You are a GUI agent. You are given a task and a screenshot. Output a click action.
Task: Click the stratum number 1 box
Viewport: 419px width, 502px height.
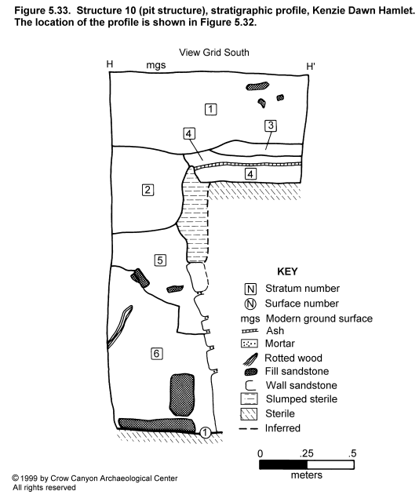210,109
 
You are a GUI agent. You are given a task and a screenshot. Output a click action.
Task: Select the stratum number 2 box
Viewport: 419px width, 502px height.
148,190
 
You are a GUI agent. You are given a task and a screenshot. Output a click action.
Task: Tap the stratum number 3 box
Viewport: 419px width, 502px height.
271,125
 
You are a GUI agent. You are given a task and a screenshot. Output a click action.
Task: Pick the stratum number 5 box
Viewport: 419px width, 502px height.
160,260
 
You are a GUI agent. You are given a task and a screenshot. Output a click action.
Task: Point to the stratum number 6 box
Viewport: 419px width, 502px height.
157,354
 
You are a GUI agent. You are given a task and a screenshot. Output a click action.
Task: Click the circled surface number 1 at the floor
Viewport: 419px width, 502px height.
205,432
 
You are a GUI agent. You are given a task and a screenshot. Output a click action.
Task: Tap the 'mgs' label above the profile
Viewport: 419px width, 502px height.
156,65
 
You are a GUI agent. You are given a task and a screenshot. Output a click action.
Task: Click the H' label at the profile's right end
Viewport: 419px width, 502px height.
311,66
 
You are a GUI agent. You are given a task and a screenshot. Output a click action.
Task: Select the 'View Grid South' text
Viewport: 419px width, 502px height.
214,53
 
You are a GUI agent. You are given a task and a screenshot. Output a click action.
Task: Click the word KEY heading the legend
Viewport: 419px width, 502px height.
287,271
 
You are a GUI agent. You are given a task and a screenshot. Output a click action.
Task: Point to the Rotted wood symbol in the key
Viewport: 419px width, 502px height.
250,358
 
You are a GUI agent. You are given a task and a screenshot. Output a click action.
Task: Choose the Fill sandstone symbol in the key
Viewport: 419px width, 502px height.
250,372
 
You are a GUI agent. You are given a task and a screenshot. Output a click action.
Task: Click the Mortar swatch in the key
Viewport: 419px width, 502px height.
249,344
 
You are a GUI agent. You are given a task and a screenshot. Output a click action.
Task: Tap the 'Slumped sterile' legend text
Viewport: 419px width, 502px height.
301,399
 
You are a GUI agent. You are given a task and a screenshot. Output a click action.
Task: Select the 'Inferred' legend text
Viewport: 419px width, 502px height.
282,428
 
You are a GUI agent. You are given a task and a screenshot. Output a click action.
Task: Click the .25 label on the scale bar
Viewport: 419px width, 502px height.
307,453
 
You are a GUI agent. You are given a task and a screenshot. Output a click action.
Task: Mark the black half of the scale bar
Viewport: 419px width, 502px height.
283,465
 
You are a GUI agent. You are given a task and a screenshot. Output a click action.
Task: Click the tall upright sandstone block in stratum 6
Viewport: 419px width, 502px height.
181,395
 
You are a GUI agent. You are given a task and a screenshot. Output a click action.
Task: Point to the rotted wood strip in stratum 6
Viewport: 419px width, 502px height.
119,326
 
